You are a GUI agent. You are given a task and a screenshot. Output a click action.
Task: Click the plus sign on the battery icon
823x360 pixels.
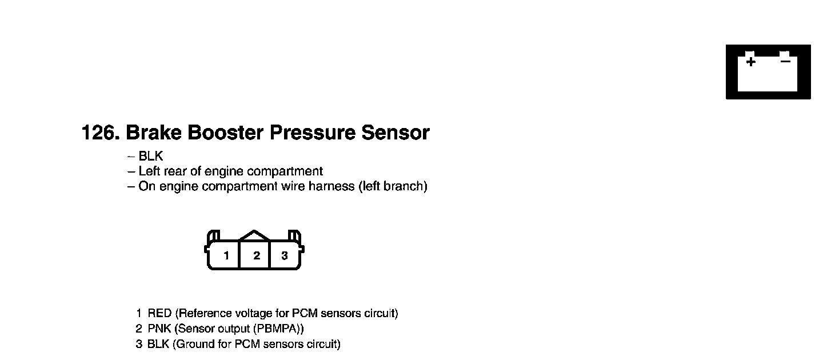tap(750, 61)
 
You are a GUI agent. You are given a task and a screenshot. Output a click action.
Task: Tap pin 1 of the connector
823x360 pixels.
tap(226, 255)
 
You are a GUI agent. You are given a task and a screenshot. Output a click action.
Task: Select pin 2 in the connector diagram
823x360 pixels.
tap(257, 255)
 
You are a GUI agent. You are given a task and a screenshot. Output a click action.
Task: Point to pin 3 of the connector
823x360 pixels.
tap(285, 255)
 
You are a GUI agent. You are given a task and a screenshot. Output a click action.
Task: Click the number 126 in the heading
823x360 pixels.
tap(99, 133)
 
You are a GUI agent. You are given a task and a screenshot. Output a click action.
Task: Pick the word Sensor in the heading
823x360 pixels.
tap(395, 133)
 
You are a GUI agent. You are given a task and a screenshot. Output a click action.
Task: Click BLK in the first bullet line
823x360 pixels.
tap(151, 156)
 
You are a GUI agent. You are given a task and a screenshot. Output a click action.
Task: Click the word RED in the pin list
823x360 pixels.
tap(160, 314)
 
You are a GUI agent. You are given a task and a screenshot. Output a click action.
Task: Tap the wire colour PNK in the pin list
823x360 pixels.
tap(160, 329)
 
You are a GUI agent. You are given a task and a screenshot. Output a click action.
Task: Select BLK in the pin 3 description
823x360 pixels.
tap(158, 345)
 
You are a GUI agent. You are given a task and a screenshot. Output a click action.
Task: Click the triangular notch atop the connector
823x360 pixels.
tap(254, 235)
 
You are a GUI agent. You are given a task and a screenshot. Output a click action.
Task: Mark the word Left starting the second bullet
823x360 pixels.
tap(149, 171)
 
